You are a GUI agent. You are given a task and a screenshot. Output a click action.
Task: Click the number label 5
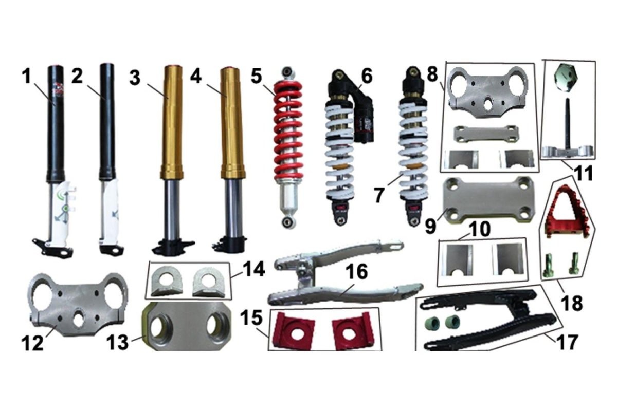coord(256,76)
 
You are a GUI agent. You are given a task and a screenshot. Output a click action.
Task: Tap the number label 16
coord(356,271)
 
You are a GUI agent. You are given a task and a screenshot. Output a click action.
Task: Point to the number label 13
coord(117,343)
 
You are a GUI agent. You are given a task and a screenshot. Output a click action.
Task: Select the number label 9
coord(431,226)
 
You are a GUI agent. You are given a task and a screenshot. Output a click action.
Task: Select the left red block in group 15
coord(294,330)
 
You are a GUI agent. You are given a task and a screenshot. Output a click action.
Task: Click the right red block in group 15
coord(353,330)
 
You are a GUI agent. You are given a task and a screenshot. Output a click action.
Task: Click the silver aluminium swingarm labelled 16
coord(344,275)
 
